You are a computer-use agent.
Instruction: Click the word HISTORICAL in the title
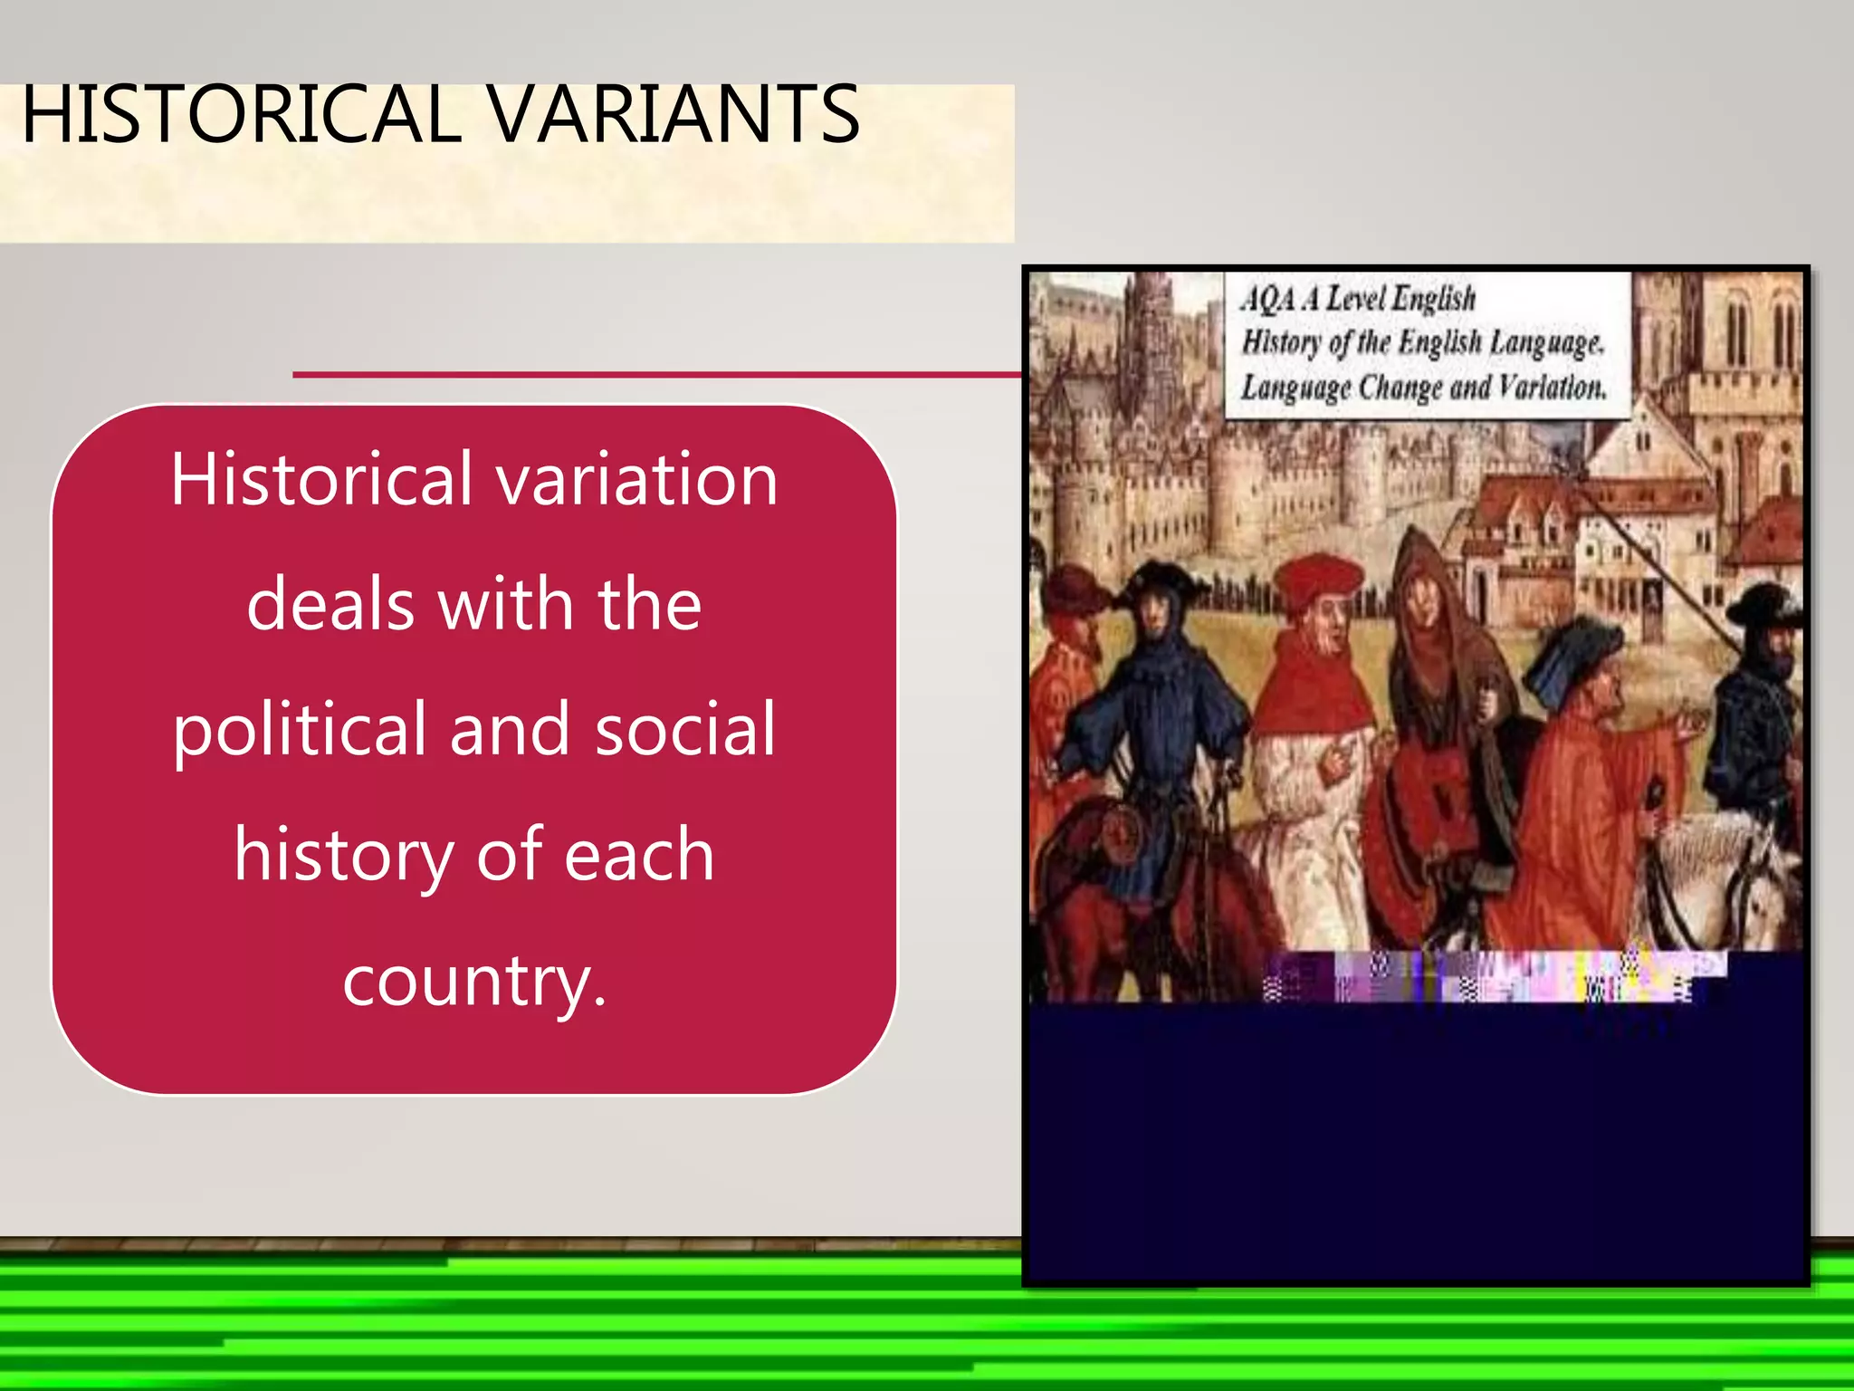click(x=242, y=114)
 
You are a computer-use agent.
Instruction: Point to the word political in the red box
click(x=300, y=730)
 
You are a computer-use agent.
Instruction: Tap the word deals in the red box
click(x=331, y=604)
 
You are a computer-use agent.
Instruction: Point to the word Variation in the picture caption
click(x=1552, y=388)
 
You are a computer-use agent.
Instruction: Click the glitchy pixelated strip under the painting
click(x=1494, y=976)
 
